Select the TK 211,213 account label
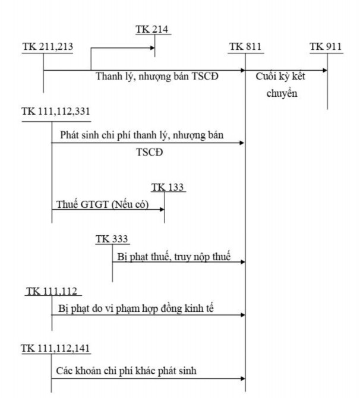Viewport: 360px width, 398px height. point(48,47)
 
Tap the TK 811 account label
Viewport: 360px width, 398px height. point(245,47)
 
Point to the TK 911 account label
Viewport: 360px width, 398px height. point(326,47)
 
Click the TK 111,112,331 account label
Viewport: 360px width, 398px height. point(56,112)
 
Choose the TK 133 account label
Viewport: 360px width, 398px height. point(168,188)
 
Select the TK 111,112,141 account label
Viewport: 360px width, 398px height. point(56,348)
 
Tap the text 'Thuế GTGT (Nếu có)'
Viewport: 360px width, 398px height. point(102,205)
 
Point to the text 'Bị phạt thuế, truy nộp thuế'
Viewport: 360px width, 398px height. point(173,257)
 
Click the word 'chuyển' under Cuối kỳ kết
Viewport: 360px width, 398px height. point(282,94)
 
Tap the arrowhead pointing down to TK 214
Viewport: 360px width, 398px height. point(155,54)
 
